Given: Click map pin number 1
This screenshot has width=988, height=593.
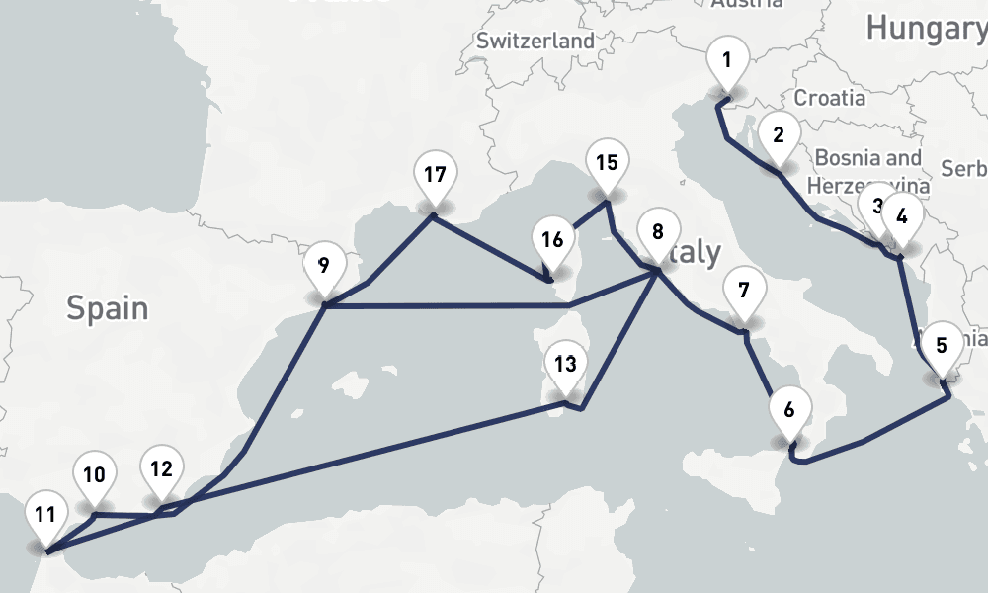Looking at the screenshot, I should pyautogui.click(x=726, y=61).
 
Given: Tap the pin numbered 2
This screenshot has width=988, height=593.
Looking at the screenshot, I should pyautogui.click(x=779, y=135).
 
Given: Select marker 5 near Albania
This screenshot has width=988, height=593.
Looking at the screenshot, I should pyautogui.click(x=941, y=346).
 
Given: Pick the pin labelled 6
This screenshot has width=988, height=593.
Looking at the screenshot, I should pyautogui.click(x=788, y=409).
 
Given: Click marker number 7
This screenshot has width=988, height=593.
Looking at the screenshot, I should pyautogui.click(x=743, y=291).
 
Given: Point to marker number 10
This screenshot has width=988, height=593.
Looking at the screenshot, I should pyautogui.click(x=94, y=475).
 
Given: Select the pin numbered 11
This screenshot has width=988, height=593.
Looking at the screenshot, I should pyautogui.click(x=44, y=515).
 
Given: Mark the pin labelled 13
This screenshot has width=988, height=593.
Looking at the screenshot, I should pyautogui.click(x=565, y=365).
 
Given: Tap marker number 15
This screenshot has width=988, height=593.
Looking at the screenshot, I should pyautogui.click(x=607, y=163).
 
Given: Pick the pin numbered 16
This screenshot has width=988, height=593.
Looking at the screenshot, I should pyautogui.click(x=553, y=240).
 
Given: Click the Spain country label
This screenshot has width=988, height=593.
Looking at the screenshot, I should pyautogui.click(x=107, y=308).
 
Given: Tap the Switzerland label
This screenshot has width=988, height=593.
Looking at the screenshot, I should pyautogui.click(x=535, y=42).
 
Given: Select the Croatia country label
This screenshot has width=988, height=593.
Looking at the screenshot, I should pyautogui.click(x=829, y=98).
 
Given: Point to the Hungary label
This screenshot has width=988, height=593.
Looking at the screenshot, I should pyautogui.click(x=925, y=29).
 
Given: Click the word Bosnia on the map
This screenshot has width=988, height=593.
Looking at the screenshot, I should pyautogui.click(x=854, y=158).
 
